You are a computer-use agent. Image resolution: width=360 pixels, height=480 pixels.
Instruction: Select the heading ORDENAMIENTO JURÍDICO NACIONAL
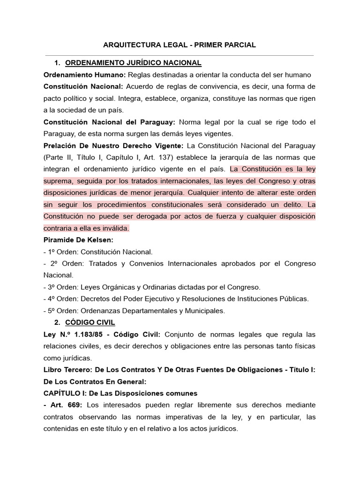(133, 63)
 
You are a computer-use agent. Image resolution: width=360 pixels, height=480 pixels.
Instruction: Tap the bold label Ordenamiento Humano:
(84, 75)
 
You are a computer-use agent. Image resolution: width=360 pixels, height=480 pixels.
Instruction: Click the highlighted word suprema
(58, 181)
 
